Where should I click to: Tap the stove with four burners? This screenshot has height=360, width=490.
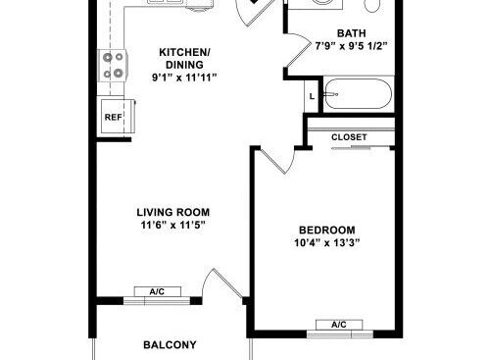113,66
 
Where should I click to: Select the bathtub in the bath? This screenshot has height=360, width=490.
359,94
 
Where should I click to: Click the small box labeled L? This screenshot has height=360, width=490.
312,96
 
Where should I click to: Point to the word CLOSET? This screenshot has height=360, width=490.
349,137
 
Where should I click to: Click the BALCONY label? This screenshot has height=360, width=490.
170,345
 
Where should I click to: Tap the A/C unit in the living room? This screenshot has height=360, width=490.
158,291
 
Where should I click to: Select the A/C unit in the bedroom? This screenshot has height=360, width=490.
339,325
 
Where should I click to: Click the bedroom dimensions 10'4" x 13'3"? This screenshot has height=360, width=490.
327,243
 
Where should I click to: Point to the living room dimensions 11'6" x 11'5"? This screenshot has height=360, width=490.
173,225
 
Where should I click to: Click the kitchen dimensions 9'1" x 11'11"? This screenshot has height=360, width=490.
184,77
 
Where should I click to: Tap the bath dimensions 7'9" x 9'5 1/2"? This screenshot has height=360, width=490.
351,46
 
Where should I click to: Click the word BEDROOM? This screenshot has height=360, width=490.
327,231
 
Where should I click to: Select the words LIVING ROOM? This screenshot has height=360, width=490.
173,212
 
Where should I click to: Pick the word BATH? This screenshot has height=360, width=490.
352,33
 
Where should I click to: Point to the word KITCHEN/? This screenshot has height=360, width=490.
184,52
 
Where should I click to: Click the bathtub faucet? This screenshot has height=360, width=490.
330,94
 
